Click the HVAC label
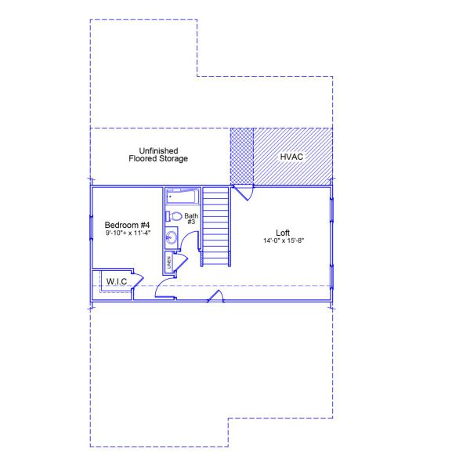pos(291,157)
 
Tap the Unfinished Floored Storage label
pos(158,154)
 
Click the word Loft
pos(282,232)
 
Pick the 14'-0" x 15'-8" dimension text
pos(282,240)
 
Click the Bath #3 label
pos(191,219)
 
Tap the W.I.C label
pos(117,280)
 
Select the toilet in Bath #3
pos(174,216)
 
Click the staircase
pos(215,227)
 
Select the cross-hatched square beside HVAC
pos(242,157)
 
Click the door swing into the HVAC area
pos(244,192)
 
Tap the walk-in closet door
pos(136,280)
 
